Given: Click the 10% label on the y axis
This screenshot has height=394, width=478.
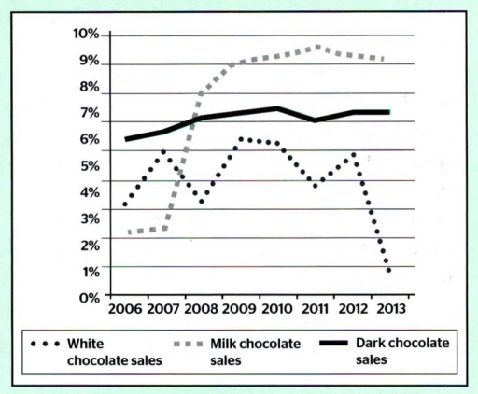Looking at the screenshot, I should click(x=85, y=35).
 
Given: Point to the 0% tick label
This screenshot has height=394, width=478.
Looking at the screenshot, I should click(x=88, y=297).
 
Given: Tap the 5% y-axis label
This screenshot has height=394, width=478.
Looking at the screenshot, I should click(x=88, y=166).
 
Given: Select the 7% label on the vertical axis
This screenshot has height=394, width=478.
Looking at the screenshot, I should click(x=88, y=114).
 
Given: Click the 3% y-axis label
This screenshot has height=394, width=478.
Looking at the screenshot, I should click(x=88, y=218).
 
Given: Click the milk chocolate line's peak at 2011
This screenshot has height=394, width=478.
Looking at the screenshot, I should click(x=317, y=46).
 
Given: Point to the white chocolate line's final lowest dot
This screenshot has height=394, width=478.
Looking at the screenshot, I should click(x=387, y=271).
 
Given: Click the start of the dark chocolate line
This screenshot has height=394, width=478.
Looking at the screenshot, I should click(x=126, y=139).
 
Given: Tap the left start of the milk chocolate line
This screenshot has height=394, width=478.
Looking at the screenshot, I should click(x=129, y=232).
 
